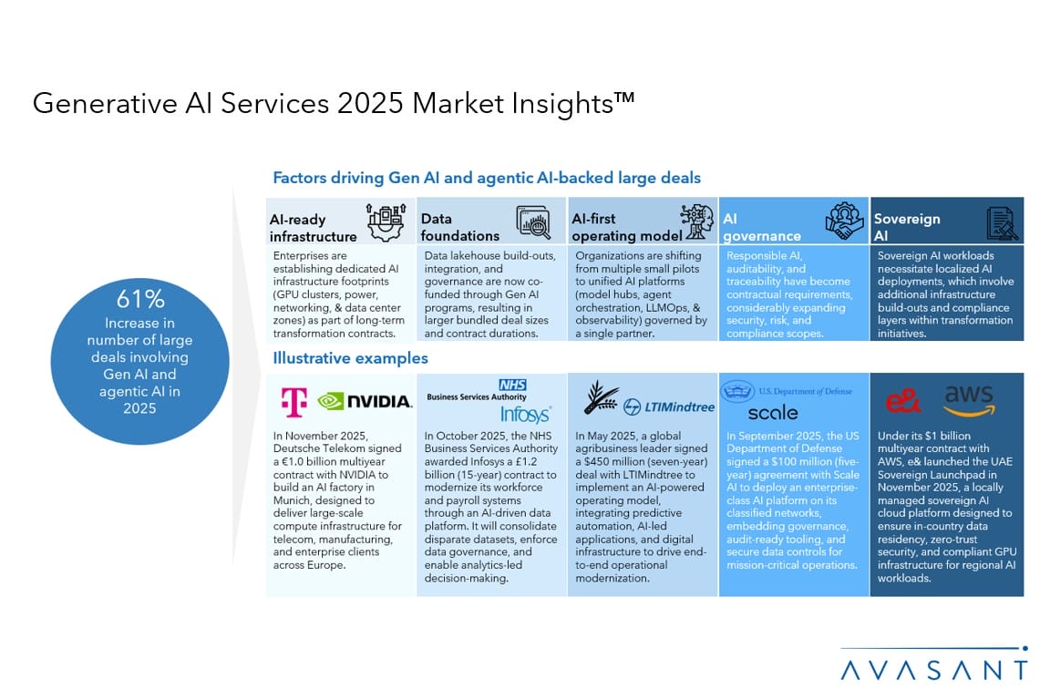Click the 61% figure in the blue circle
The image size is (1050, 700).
coord(140,298)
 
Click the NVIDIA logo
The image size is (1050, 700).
coord(365,401)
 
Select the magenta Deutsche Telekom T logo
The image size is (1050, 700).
coord(294,402)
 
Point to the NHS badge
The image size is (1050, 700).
coord(512,385)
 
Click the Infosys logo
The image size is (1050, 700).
coord(526,414)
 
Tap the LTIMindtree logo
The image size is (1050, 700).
coord(669,407)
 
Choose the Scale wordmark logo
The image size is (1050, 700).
coord(773,413)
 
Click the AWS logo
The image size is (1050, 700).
coord(969,400)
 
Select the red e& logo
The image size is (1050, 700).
coord(902,401)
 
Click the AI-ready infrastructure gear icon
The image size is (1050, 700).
coord(386,222)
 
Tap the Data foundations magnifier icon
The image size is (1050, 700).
coord(534,223)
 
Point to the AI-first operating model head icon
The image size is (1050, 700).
coord(697,221)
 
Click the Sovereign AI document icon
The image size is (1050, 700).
coord(1002,223)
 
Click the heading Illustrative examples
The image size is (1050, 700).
coord(350,358)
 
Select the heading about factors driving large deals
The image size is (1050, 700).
coord(487,178)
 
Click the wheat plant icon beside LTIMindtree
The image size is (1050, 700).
coord(601,397)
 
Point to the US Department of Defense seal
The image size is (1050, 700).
coord(736,390)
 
